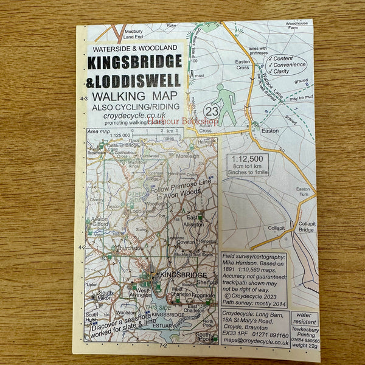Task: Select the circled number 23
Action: point(212,111)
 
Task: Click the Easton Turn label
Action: point(302,192)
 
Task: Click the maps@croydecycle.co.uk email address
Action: point(255,342)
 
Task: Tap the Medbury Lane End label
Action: point(133,34)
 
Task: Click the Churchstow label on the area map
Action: point(130,248)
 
